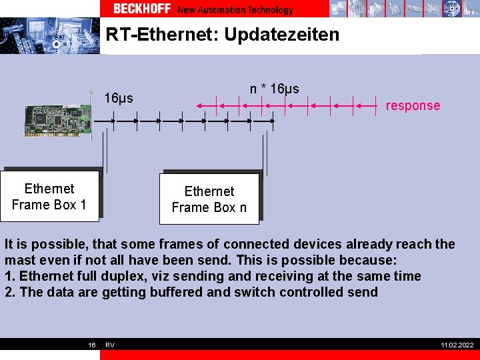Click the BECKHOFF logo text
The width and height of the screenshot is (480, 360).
coord(142,9)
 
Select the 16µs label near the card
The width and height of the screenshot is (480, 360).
coord(119,99)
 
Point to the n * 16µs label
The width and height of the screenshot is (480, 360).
coord(275,89)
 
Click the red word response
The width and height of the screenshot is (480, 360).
coord(413,105)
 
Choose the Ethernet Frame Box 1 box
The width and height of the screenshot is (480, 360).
coord(49,197)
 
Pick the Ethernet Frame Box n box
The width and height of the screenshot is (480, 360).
coord(209,199)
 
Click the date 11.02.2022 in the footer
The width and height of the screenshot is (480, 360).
coord(457,345)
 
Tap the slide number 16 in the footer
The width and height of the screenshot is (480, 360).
coord(92,345)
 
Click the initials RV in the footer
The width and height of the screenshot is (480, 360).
coord(110,345)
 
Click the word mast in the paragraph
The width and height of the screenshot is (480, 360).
coord(19,260)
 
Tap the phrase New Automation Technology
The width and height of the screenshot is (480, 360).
coord(235,9)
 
